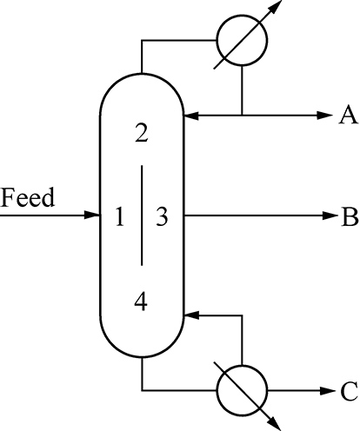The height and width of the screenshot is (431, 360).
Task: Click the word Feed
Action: click(x=28, y=197)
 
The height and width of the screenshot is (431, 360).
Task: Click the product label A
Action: click(x=349, y=115)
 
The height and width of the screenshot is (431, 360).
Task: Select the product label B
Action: click(x=350, y=216)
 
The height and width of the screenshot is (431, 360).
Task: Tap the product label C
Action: click(x=349, y=391)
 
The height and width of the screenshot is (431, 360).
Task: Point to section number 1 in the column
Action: click(x=119, y=216)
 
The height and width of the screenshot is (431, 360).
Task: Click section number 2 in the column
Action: click(x=141, y=133)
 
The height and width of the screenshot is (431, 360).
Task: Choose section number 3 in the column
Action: click(x=162, y=216)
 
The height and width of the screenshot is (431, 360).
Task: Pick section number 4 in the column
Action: click(x=141, y=302)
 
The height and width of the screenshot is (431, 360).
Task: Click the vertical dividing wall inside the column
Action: click(x=142, y=215)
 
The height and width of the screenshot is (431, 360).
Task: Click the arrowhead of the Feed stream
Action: click(x=92, y=215)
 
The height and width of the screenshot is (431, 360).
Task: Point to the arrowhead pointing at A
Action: click(x=325, y=116)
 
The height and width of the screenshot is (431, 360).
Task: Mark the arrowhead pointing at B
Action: click(x=330, y=215)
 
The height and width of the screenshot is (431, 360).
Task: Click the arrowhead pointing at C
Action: click(x=328, y=391)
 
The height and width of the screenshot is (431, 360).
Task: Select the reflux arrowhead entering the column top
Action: click(x=191, y=116)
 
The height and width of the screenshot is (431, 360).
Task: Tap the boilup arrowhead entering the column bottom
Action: click(x=191, y=315)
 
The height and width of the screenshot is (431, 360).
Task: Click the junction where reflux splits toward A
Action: click(x=242, y=116)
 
